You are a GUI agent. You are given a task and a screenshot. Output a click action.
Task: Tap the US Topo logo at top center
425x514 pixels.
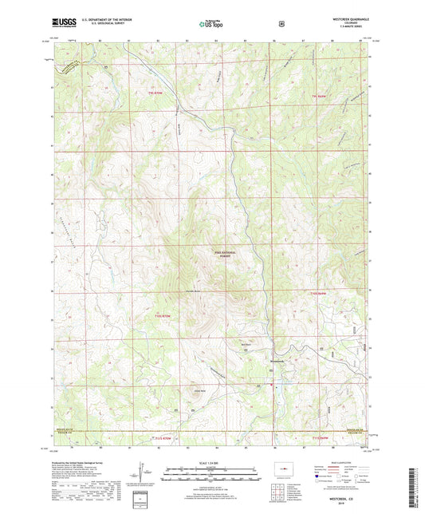211,25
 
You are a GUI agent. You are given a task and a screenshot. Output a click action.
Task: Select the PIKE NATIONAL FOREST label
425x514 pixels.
227,255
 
